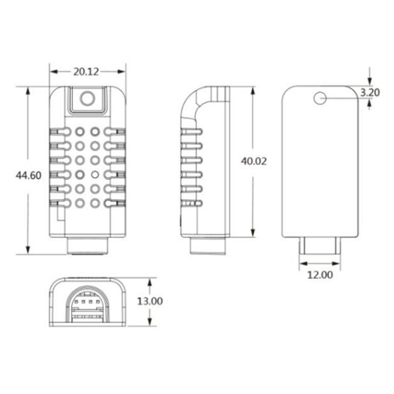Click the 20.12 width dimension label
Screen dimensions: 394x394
click(x=87, y=71)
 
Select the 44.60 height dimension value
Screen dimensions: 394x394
click(x=28, y=175)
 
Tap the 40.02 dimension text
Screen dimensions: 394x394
click(x=253, y=161)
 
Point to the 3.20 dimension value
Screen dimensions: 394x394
click(x=370, y=92)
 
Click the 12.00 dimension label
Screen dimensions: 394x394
click(x=320, y=275)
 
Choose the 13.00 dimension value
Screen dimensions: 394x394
click(x=150, y=301)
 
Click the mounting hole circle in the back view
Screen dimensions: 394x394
click(x=320, y=98)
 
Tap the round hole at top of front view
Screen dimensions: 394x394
click(x=87, y=99)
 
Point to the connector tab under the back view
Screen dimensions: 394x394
click(x=320, y=246)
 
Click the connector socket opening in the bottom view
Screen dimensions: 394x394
click(x=87, y=306)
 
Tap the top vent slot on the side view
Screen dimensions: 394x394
click(x=192, y=132)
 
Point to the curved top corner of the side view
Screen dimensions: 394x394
click(x=191, y=98)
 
